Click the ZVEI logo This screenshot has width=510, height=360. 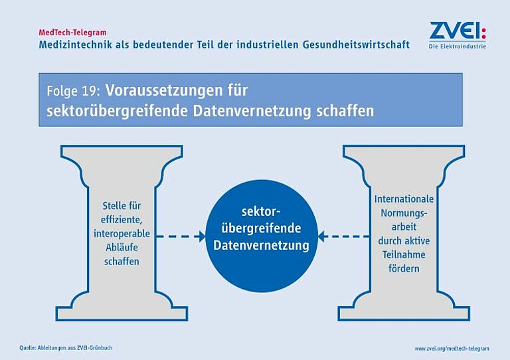(458, 35)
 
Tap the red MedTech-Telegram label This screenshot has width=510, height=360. (72, 33)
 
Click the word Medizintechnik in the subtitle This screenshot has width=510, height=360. (75, 45)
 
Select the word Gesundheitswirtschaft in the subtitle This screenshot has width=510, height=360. (356, 45)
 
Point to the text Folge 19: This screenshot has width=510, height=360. (73, 91)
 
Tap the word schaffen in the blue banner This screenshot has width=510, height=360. (345, 111)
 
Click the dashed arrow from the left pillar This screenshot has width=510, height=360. (181, 236)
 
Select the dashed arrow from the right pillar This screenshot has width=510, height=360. (343, 236)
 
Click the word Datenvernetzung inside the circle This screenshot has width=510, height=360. (261, 245)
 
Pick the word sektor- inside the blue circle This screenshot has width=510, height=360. (261, 212)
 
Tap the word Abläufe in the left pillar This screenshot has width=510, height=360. (122, 248)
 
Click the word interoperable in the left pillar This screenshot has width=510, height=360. (122, 234)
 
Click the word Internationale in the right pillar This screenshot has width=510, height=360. (404, 199)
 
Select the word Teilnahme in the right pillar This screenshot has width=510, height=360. (404, 254)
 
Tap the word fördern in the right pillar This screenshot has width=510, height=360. (404, 268)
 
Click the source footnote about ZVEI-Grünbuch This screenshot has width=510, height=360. (66, 347)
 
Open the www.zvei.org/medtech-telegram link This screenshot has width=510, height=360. (452, 348)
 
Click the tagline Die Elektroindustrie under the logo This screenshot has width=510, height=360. (458, 46)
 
